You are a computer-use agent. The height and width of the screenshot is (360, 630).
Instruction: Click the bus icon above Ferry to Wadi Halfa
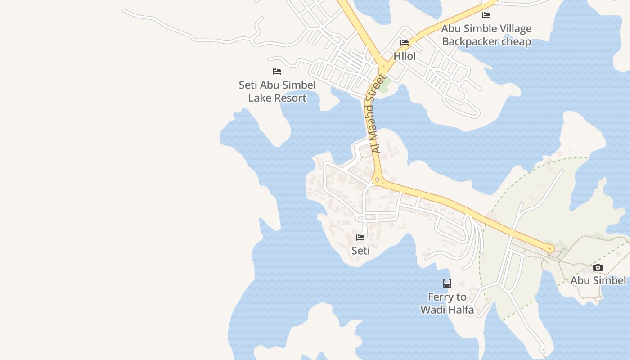447,283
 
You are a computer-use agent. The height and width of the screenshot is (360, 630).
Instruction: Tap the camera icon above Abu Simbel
598,268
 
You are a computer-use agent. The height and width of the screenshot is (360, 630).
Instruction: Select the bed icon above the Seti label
360,237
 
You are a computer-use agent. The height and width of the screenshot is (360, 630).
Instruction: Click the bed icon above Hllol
405,43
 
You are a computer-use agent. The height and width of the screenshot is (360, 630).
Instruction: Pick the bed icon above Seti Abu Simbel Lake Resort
277,72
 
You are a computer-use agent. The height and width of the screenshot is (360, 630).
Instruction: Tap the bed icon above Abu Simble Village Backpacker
486,15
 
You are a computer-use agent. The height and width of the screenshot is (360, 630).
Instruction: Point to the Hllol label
405,57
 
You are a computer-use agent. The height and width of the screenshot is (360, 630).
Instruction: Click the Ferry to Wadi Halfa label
447,303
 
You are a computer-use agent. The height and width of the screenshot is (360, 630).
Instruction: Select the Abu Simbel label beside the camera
598,281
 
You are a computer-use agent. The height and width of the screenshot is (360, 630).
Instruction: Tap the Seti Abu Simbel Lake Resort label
277,91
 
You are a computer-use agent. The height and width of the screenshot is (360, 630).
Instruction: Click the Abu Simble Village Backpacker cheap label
486,35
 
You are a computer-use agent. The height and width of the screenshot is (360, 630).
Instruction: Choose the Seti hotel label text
360,251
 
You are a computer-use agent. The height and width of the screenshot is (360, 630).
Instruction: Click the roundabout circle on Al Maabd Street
377,180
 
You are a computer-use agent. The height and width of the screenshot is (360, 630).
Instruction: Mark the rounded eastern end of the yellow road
550,249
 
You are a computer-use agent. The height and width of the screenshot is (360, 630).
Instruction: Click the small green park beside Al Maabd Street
383,86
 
